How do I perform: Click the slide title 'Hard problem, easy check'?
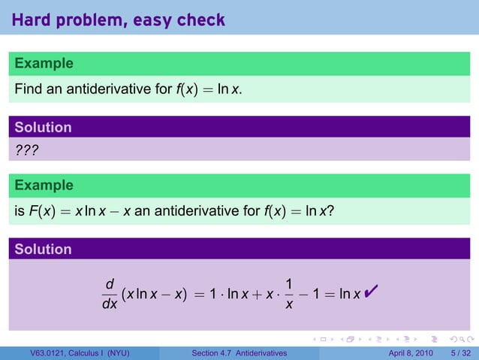(x=119, y=20)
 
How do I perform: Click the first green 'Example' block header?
(x=44, y=63)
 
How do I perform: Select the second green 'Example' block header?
(x=44, y=185)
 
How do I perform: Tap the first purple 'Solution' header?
(x=43, y=127)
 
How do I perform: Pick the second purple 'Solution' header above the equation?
(x=43, y=249)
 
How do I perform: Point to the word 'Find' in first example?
(x=27, y=90)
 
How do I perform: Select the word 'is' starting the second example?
(x=19, y=212)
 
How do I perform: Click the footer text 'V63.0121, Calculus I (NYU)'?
(x=74, y=353)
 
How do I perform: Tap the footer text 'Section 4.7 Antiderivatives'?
(x=239, y=353)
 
